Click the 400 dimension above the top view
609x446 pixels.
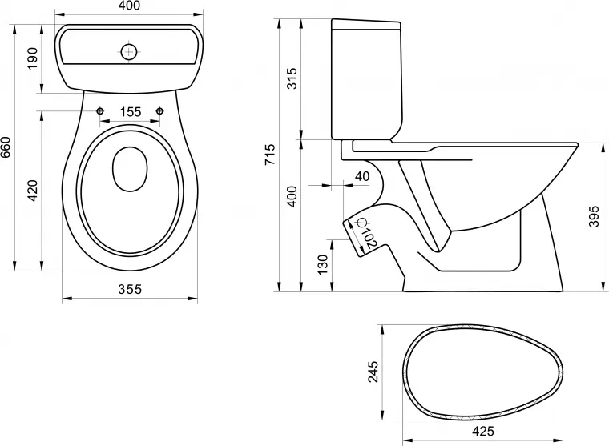(131, 7)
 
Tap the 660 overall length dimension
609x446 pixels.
(7, 148)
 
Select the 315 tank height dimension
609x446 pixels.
(292, 78)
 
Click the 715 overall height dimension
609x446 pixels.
(269, 154)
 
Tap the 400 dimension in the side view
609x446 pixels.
(292, 196)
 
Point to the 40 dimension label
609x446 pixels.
(361, 176)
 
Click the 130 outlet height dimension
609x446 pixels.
(322, 263)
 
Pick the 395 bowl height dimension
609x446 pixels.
(593, 216)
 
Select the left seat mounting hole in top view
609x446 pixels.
(100, 110)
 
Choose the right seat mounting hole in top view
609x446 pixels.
(160, 110)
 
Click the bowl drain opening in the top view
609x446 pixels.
(131, 170)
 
